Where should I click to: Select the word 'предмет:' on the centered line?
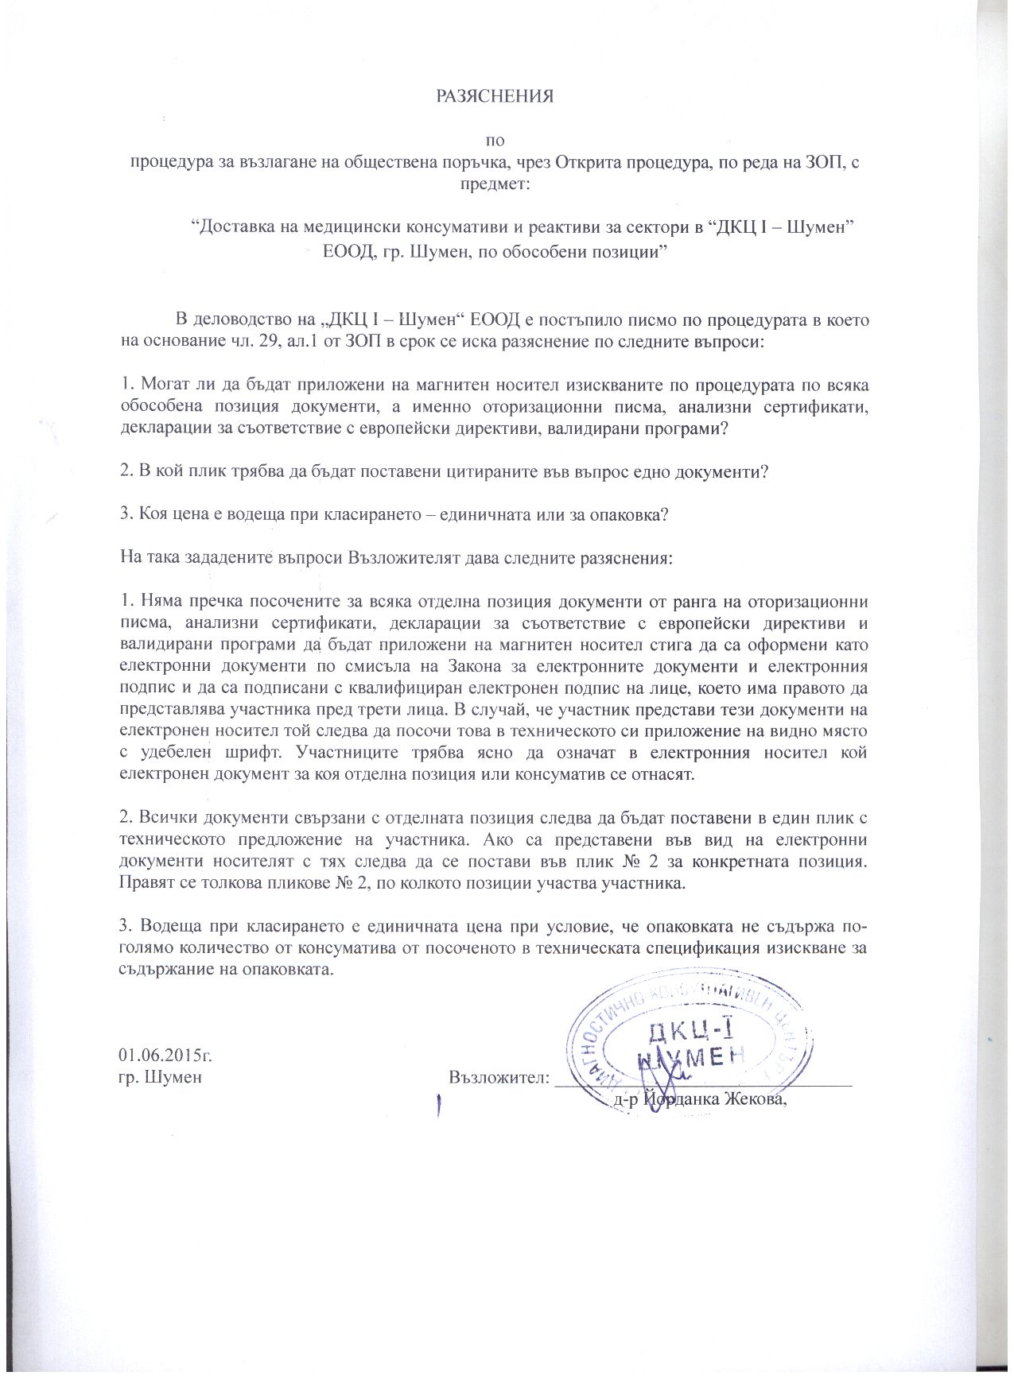[x=493, y=184]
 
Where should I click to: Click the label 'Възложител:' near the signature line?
[x=499, y=1079]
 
